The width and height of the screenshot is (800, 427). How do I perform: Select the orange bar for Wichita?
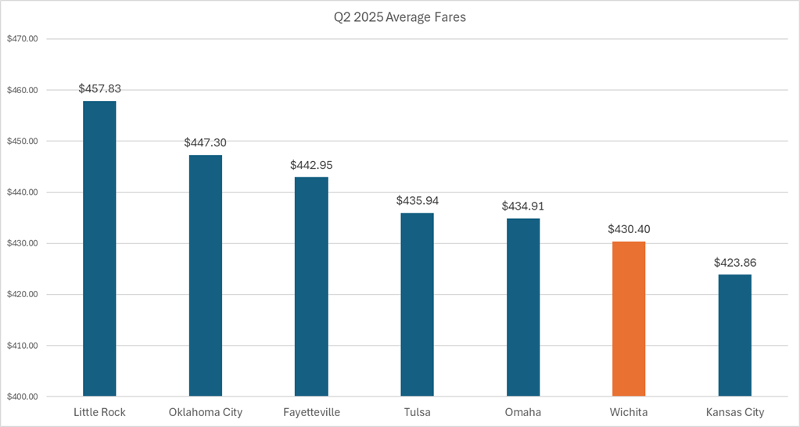pyautogui.click(x=629, y=319)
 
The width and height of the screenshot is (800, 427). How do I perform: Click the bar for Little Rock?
pyautogui.click(x=99, y=249)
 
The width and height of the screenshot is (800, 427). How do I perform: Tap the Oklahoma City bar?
pyautogui.click(x=206, y=275)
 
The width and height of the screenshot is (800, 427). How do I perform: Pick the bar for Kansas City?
pyautogui.click(x=735, y=335)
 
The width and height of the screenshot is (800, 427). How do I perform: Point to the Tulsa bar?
pyautogui.click(x=418, y=304)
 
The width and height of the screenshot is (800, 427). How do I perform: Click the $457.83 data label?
pyautogui.click(x=99, y=89)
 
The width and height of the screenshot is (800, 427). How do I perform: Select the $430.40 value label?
pyautogui.click(x=629, y=229)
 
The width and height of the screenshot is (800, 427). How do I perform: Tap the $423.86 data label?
pyautogui.click(x=735, y=263)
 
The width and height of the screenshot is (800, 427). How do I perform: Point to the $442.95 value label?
pyautogui.click(x=311, y=165)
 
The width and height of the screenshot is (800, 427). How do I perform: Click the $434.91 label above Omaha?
pyautogui.click(x=523, y=206)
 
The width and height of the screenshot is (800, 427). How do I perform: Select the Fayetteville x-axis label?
pyautogui.click(x=311, y=412)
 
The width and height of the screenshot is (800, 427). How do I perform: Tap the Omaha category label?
pyautogui.click(x=523, y=412)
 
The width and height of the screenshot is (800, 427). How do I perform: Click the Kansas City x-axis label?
pyautogui.click(x=735, y=412)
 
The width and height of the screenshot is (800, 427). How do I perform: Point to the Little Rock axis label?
pyautogui.click(x=99, y=412)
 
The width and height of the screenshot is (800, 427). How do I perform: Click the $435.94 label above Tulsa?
pyautogui.click(x=418, y=201)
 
